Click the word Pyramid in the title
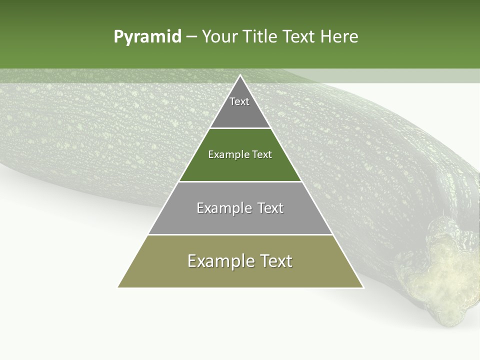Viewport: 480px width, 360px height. tap(147, 37)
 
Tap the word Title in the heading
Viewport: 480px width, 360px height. tap(260, 37)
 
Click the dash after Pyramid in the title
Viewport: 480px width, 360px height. tap(191, 37)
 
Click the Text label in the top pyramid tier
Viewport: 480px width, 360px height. tap(239, 101)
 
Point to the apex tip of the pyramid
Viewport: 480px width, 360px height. tap(240, 75)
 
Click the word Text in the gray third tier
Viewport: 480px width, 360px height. tap(270, 208)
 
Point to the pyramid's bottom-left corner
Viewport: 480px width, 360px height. tap(118, 287)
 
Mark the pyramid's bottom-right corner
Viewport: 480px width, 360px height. tap(363, 287)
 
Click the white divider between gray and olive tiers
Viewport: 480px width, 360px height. tap(240, 234)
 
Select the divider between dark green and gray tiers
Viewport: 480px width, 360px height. tap(240, 181)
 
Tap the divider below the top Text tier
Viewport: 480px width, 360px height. tap(240, 128)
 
